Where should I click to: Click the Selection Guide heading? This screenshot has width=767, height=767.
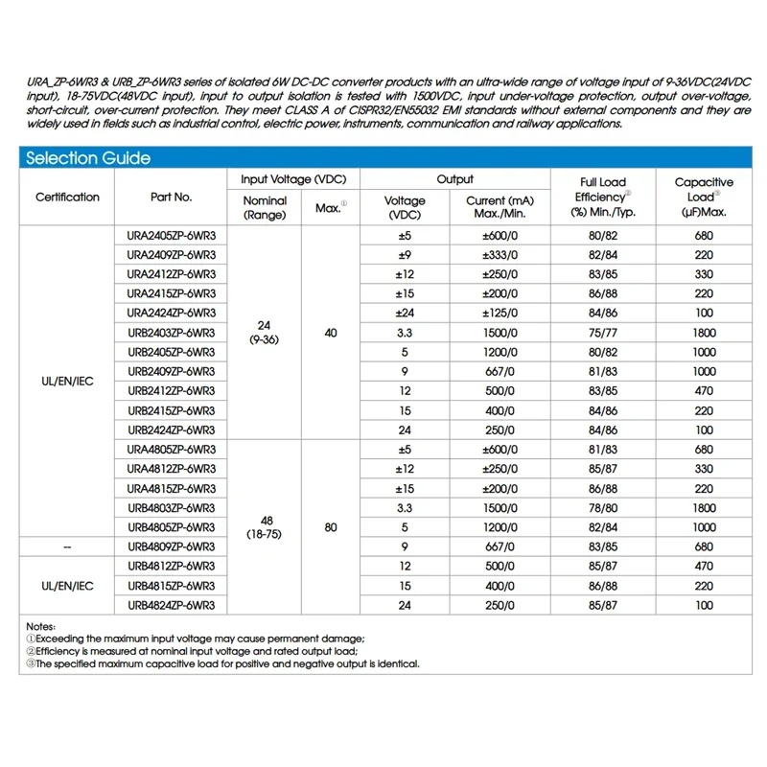[x=87, y=158]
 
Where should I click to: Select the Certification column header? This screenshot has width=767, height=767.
[x=67, y=198]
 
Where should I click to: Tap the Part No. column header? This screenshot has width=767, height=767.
[x=171, y=198]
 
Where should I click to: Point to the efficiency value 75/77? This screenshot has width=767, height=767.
[x=603, y=333]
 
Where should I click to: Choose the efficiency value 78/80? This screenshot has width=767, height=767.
[x=603, y=508]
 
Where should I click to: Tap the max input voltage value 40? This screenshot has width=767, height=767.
[x=331, y=333]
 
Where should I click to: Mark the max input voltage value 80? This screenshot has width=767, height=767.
[x=331, y=527]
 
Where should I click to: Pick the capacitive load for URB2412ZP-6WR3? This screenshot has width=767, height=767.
[x=705, y=391]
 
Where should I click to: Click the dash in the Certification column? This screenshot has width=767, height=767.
[x=67, y=546]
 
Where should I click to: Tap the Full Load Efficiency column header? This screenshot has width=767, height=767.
[x=603, y=197]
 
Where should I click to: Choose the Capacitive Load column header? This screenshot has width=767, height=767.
[x=705, y=197]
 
